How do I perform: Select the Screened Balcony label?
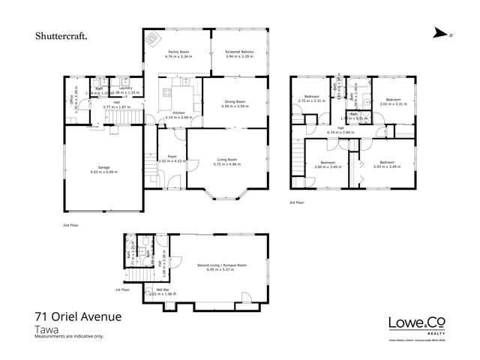click(238, 51)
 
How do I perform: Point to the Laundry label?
click(124, 88)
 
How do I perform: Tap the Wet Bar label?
click(160, 290)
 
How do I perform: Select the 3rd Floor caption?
click(297, 202)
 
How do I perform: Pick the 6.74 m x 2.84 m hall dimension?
click(340, 133)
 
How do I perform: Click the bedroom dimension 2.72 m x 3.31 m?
click(309, 100)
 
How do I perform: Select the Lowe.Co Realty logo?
click(417, 323)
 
